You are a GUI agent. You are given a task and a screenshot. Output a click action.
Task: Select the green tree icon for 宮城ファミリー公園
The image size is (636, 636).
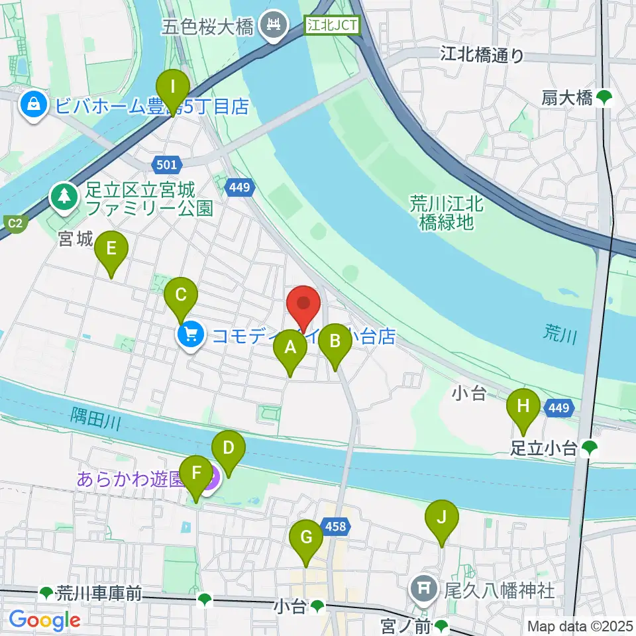tap(64, 196)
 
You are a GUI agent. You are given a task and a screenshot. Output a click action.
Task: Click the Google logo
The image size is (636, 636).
tap(44, 620)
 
